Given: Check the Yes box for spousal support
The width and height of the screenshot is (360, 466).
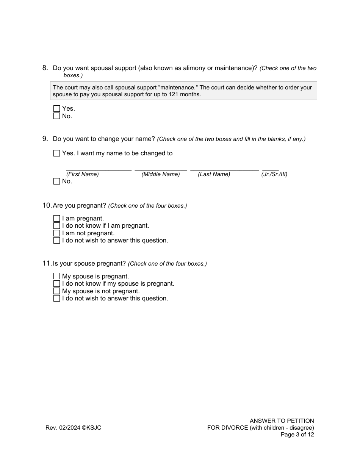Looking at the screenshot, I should pos(56,109).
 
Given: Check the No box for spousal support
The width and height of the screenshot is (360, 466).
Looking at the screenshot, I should pos(56,116).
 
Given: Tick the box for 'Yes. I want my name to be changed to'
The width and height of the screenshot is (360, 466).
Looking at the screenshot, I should pos(56,153).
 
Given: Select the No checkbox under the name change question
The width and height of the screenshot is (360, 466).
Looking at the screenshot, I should pos(56,181).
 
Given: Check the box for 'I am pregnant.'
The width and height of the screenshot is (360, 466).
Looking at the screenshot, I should pos(56,218).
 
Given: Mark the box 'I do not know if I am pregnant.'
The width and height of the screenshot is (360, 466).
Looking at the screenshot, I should pos(56,226).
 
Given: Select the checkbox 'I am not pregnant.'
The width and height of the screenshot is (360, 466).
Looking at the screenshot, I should pos(56,233).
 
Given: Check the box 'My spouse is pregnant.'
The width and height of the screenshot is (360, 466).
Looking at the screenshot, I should pos(56,276).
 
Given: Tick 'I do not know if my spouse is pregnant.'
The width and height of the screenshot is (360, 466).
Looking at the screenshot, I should pos(56,284).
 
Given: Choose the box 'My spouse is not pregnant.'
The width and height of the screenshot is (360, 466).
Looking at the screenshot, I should pos(56,291).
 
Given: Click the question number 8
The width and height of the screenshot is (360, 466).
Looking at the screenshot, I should pos(45,68).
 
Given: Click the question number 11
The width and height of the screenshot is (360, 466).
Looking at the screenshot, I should pos(47,263).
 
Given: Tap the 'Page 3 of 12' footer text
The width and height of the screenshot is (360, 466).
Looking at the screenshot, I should pos(297,435).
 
